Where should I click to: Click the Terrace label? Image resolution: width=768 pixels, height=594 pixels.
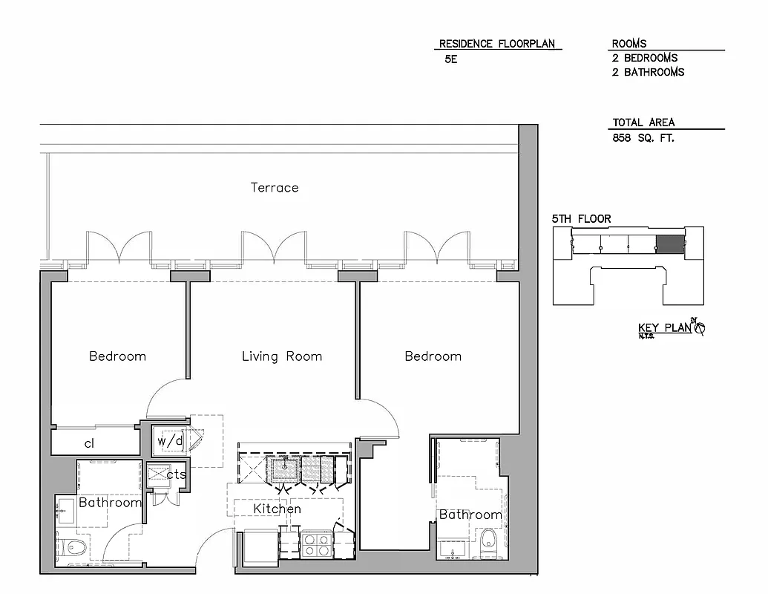tap(275, 188)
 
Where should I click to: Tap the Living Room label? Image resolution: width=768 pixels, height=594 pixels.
tap(282, 356)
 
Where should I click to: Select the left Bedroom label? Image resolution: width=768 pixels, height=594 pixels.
tap(117, 356)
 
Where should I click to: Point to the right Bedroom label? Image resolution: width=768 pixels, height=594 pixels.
tap(433, 356)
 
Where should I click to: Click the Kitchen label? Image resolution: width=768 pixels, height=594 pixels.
tap(278, 509)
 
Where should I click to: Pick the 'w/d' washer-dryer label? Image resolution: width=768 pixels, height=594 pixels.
tap(169, 440)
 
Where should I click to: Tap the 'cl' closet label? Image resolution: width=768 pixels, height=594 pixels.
tap(89, 443)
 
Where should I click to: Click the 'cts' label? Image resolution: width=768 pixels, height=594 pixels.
tap(176, 474)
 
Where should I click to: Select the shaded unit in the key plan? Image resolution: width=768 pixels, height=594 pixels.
tap(669, 244)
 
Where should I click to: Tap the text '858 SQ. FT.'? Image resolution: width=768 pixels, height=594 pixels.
tap(643, 138)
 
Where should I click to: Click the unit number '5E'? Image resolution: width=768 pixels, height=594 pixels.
tap(451, 59)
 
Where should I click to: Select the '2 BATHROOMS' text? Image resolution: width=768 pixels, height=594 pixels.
tap(648, 72)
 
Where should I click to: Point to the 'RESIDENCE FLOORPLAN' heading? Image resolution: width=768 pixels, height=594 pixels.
tap(497, 44)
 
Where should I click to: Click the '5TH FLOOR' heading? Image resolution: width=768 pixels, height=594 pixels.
tap(581, 219)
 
